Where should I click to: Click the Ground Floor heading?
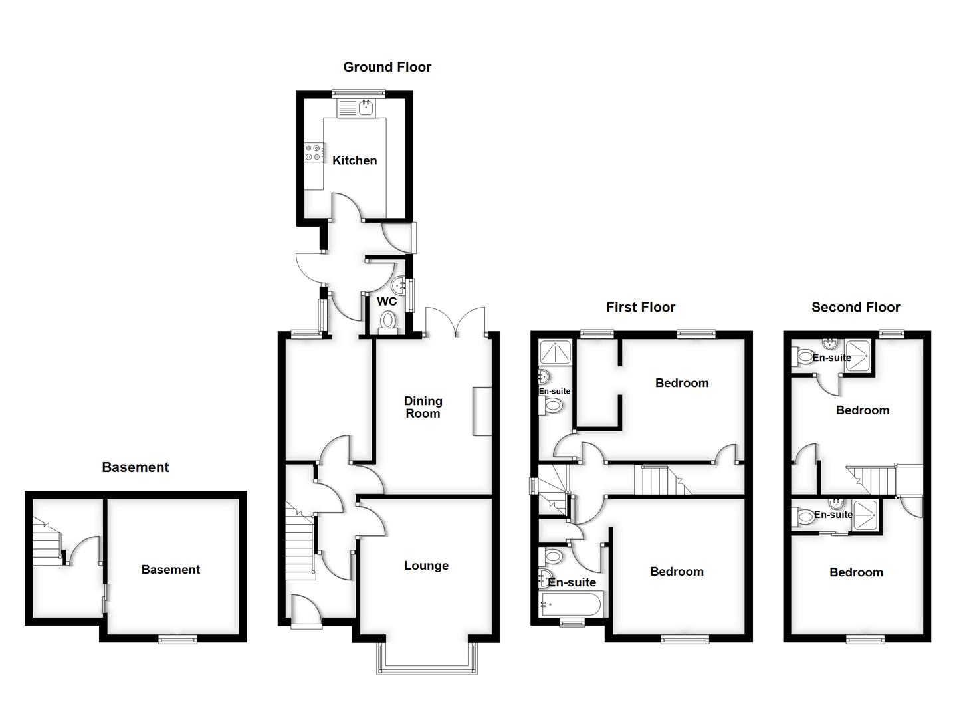387,67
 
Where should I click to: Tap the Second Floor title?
855,307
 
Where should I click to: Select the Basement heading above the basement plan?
136,467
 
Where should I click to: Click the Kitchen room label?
354,160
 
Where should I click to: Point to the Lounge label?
426,566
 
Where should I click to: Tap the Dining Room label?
423,407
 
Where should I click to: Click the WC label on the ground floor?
387,301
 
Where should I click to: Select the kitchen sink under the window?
366,107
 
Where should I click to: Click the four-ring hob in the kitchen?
314,152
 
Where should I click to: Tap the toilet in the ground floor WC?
387,322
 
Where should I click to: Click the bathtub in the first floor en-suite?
570,605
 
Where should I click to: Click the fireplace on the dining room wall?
482,411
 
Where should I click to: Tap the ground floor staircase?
300,538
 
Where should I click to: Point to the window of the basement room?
177,639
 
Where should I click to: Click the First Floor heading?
640,307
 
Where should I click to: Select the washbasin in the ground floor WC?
400,285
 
